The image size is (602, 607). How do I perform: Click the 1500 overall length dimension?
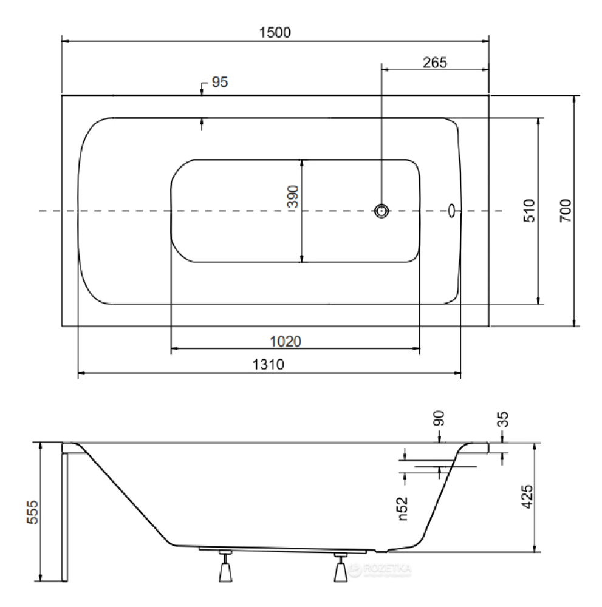coord(275,32)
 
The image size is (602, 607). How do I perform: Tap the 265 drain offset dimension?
coord(435,63)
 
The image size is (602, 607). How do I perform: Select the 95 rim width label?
coord(220,82)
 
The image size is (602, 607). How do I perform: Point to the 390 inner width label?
coord(293,196)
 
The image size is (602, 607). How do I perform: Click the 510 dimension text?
coord(529,211)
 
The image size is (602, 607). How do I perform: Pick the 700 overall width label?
coord(566,210)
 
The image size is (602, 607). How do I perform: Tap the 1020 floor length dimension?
coord(285,341)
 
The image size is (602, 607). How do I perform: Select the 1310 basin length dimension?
coord(268,364)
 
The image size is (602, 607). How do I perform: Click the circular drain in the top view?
coord(381,211)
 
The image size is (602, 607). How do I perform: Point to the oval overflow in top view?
coord(452,211)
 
